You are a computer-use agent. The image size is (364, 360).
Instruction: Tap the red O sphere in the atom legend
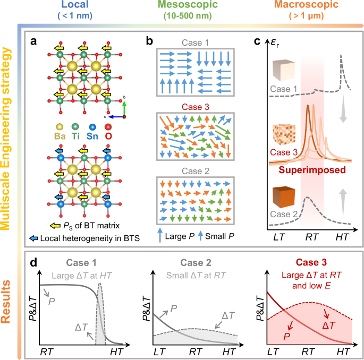pos(124,127)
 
